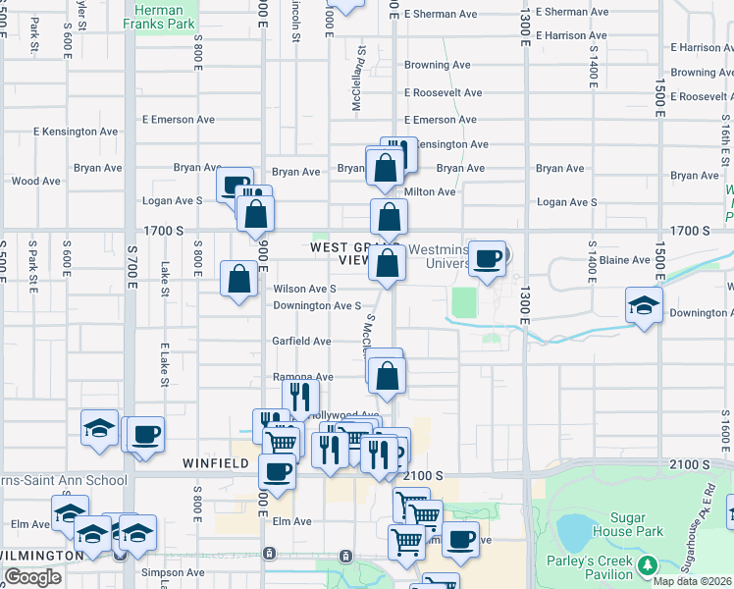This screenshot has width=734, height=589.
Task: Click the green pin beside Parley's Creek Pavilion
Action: (x=647, y=565)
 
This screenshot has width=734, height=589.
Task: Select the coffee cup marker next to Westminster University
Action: (x=488, y=259)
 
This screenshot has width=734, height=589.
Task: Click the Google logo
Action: (x=31, y=577)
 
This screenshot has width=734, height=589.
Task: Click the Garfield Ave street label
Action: (x=301, y=341)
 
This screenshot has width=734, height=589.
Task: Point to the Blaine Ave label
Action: (x=625, y=260)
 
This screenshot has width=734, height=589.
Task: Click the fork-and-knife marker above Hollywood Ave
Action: (x=300, y=397)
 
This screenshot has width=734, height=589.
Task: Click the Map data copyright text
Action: (x=693, y=581)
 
